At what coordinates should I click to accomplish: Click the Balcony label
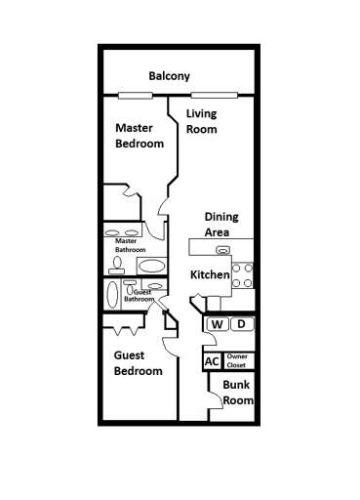coord(169,76)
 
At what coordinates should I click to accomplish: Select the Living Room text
coord(202,121)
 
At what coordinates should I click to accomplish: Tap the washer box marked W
coord(217,324)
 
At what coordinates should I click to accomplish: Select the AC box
coord(212,361)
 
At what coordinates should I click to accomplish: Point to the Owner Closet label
coord(238,361)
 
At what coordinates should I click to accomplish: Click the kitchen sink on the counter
coord(223,251)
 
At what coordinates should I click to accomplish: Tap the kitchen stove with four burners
coord(243,276)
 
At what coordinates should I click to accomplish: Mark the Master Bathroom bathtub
coord(151,266)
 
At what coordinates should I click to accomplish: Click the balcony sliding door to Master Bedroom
coord(135,95)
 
